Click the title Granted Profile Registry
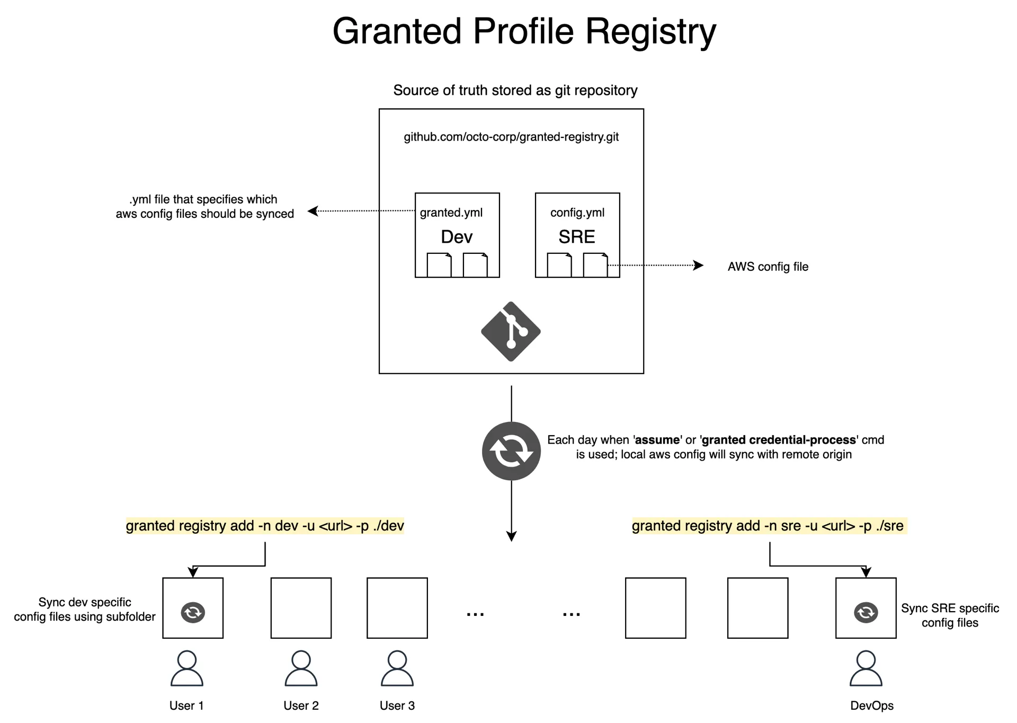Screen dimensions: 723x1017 (x=524, y=31)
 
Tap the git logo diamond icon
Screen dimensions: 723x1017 (x=511, y=332)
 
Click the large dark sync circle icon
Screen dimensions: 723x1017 (x=511, y=451)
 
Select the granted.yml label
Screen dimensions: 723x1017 (x=451, y=213)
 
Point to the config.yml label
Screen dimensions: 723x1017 (x=577, y=213)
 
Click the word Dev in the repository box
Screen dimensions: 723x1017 (x=457, y=237)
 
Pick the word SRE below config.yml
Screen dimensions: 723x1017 (x=577, y=237)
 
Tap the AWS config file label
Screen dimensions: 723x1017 (x=768, y=267)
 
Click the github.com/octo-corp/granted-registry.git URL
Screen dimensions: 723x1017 (x=511, y=137)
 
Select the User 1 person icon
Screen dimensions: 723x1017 (x=187, y=668)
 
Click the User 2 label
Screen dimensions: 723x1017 (x=301, y=706)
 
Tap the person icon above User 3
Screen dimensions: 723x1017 (x=397, y=668)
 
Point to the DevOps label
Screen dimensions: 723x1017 (x=871, y=706)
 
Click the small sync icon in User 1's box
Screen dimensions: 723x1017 (x=193, y=613)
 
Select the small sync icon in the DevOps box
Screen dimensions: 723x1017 (x=866, y=613)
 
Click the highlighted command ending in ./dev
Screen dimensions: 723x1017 (x=265, y=526)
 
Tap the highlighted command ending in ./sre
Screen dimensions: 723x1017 (x=768, y=526)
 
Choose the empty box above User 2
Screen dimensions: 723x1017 (x=301, y=608)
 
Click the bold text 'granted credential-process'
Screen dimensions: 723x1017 (x=779, y=440)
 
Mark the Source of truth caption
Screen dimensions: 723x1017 (x=515, y=91)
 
